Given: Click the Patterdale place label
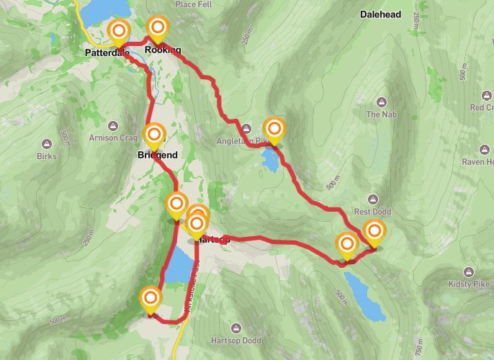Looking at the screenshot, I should coord(105,53).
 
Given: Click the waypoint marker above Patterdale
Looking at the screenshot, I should coord(119,32).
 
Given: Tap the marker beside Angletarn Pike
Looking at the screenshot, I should coord(274,130).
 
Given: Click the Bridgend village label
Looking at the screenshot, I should coord(156,155).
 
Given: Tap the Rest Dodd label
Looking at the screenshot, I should coord(372,212).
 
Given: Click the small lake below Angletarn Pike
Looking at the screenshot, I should coord(271,160).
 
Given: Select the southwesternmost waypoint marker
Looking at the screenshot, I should coord(150,299).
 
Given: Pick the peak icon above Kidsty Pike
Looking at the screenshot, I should coord(469,272).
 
